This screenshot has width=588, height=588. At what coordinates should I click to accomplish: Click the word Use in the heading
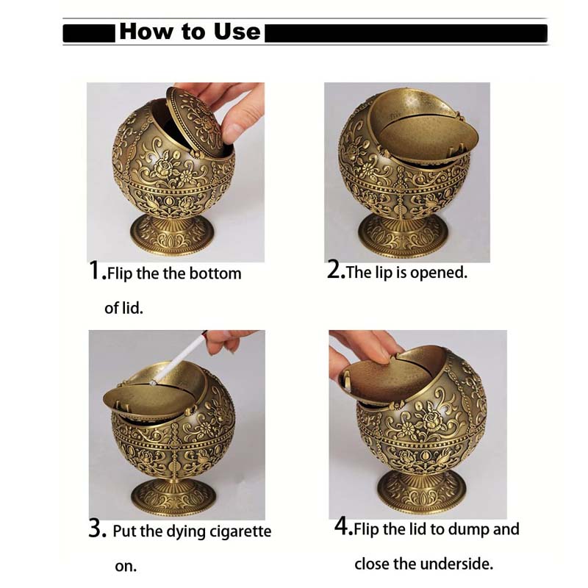coord(237,32)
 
